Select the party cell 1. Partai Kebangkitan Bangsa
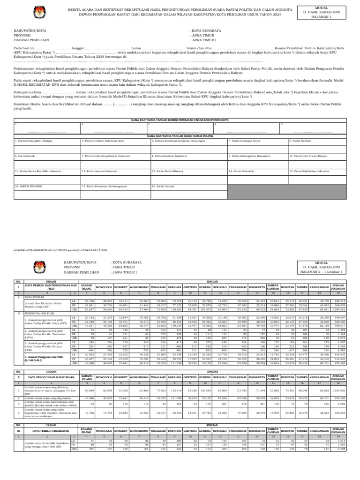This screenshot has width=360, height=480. pyautogui.click(x=46, y=141)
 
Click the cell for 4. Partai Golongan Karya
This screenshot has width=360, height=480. pyautogui.click(x=256, y=141)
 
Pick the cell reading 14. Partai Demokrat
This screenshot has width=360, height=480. pyautogui.click(x=256, y=172)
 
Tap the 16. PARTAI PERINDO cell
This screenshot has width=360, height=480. pyautogui.click(x=46, y=186)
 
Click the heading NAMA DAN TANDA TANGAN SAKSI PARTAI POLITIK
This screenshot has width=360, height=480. pyautogui.click(x=180, y=135)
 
